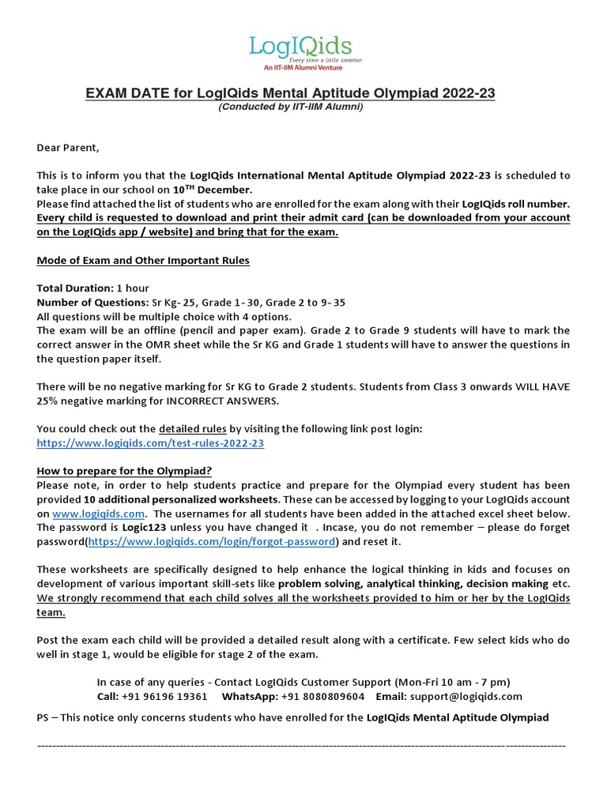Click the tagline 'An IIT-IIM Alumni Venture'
(x=301, y=68)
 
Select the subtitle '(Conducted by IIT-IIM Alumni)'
(x=291, y=107)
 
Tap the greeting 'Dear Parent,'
(x=69, y=148)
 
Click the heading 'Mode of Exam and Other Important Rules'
(x=143, y=261)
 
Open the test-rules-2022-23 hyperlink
(x=150, y=443)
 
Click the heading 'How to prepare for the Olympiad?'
(x=124, y=471)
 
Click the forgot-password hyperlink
(x=212, y=542)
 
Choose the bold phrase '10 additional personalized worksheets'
(x=181, y=499)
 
